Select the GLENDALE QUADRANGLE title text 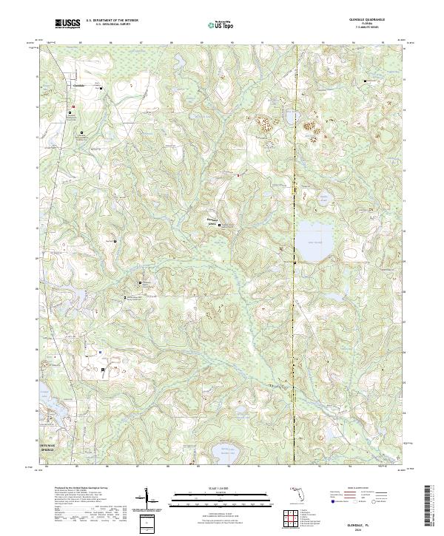coord(367,19)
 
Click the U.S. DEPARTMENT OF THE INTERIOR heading coord(112,20)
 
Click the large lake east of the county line coord(314,242)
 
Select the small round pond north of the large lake coord(323,198)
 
